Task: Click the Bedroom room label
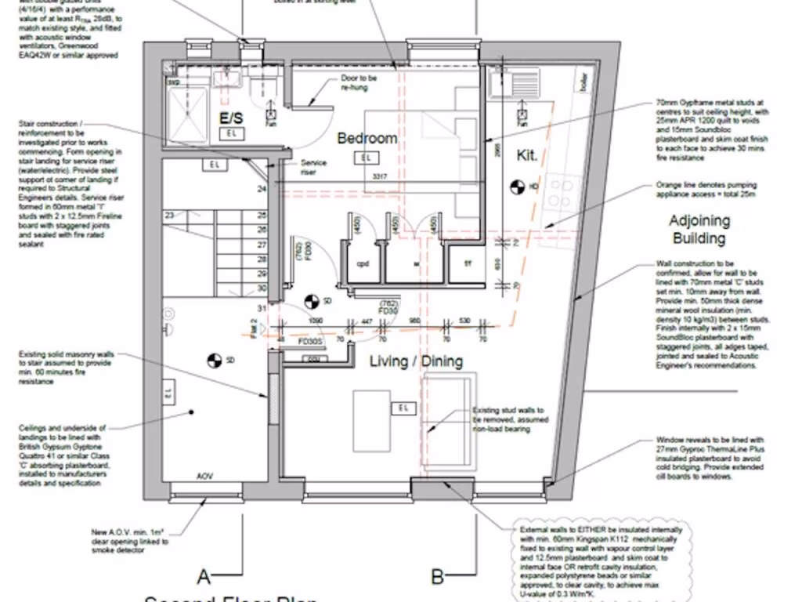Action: click(367, 138)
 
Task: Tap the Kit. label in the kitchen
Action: click(527, 156)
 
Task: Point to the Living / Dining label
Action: click(416, 361)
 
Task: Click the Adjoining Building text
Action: click(699, 230)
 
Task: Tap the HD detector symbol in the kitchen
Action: click(516, 187)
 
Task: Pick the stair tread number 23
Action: click(168, 215)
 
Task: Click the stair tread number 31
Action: click(262, 307)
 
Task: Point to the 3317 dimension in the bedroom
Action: click(381, 177)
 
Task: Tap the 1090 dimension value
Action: click(316, 321)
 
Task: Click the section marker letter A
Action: click(204, 578)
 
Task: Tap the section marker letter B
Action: click(438, 578)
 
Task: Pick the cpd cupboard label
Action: click(363, 263)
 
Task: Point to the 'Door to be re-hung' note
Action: click(359, 83)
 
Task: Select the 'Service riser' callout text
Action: click(313, 168)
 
